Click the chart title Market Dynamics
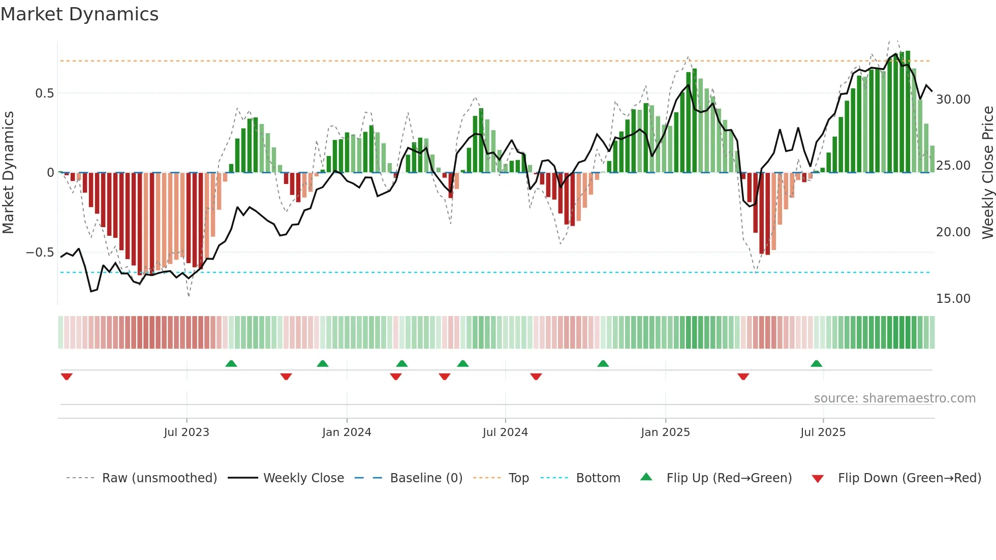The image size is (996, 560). tap(79, 14)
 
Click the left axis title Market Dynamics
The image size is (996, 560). tap(8, 172)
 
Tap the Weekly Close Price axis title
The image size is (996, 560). tap(987, 172)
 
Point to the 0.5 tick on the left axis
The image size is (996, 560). tap(44, 94)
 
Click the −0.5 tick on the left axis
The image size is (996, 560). tap(40, 253)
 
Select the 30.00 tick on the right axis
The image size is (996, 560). tap(953, 100)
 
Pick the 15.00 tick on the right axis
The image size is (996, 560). tap(953, 299)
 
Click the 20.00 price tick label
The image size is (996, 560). tap(953, 232)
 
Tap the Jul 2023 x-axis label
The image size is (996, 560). tap(186, 432)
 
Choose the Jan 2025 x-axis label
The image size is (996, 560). tap(665, 432)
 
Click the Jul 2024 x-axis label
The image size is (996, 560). tap(505, 432)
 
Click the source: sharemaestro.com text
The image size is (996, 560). tap(894, 398)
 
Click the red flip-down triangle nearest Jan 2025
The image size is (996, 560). tap(743, 377)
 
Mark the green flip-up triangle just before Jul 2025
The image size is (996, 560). tap(816, 364)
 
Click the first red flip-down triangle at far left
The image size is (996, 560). tap(67, 377)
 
